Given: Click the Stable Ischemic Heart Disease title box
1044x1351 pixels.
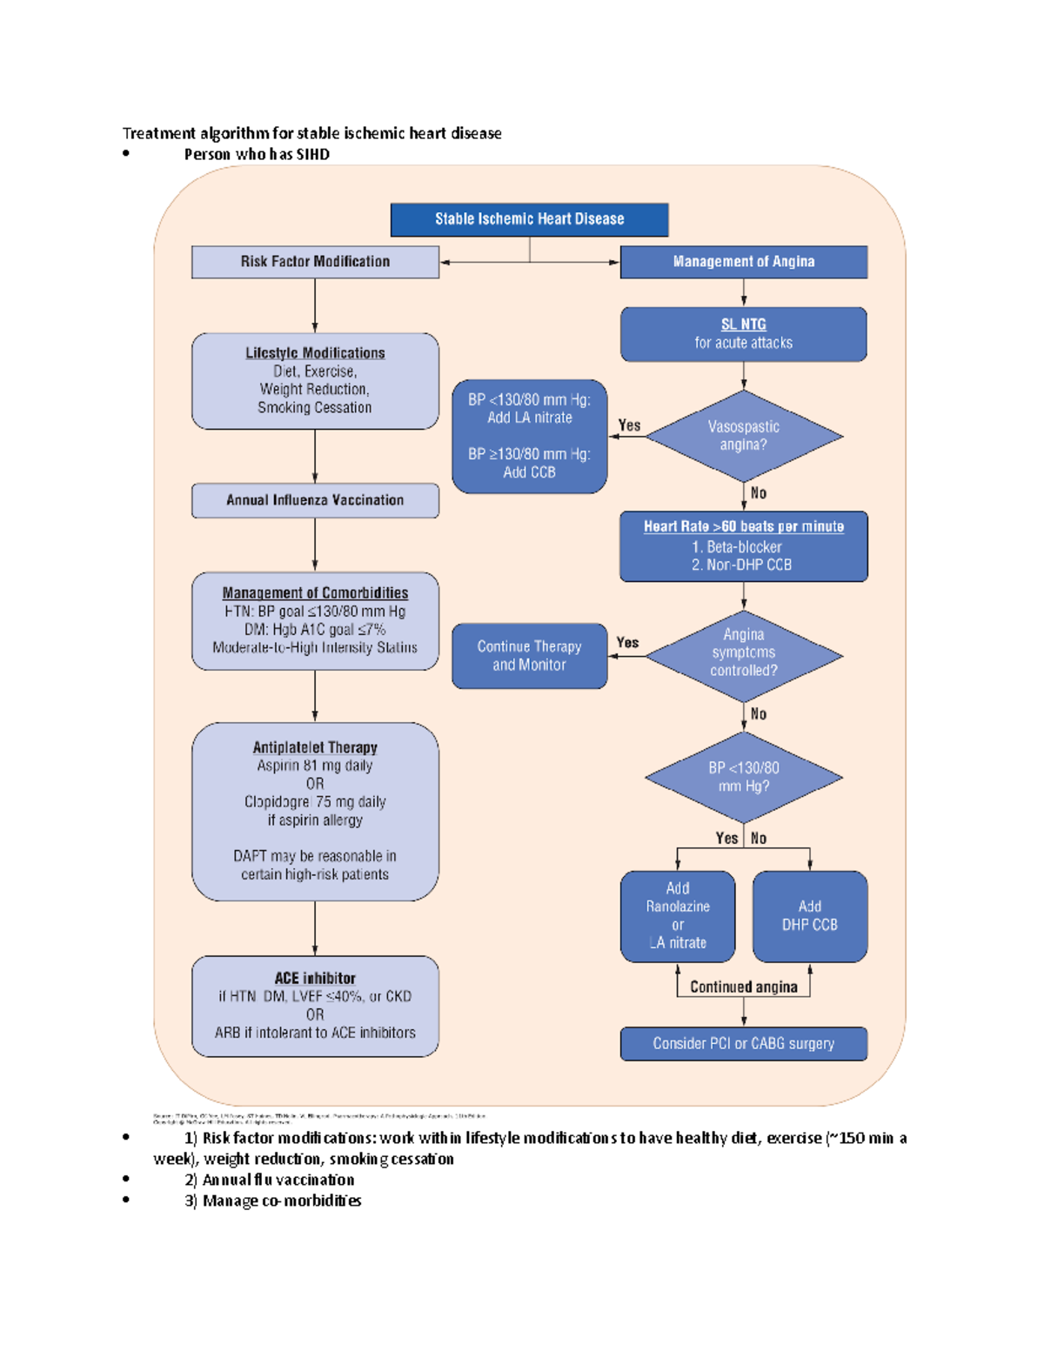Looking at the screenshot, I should [529, 219].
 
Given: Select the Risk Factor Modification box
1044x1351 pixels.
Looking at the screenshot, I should [315, 262].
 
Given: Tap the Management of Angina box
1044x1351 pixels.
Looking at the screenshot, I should [743, 262].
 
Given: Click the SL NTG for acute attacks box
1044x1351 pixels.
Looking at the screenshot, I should [743, 334].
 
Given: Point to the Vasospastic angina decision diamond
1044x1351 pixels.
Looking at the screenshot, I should [743, 436].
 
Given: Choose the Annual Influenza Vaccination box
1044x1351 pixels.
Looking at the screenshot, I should [315, 500].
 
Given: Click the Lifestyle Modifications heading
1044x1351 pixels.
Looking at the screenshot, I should [315, 353].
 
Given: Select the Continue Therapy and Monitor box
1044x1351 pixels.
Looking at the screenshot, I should [529, 656].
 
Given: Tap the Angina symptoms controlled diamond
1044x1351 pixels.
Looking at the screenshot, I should [743, 653].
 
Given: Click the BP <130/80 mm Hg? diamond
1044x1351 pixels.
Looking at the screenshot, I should [743, 777].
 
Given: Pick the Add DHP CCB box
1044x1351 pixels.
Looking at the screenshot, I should [809, 916].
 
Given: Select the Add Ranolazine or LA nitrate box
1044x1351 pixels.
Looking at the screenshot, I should [677, 916].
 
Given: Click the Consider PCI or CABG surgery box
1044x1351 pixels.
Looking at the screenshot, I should [743, 1044].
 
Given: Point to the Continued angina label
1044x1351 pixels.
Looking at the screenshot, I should [743, 987].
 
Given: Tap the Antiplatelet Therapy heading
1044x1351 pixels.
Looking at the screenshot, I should [315, 748].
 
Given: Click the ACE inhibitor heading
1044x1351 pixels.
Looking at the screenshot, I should [315, 979].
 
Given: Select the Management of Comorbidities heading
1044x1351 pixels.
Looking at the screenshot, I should [315, 593].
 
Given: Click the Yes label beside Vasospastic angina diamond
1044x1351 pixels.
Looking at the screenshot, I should [629, 425].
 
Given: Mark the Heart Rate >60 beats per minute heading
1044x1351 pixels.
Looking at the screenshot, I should [743, 527].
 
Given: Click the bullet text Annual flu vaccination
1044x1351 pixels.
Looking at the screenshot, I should [278, 1180].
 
